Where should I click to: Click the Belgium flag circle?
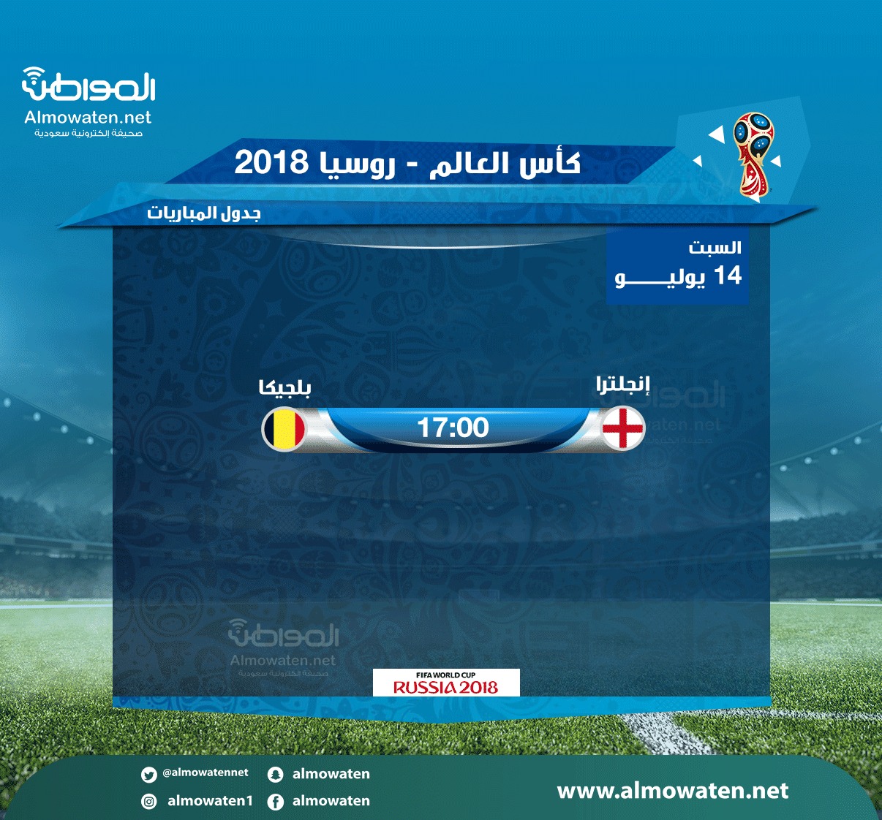(x=284, y=429)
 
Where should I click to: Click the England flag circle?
(x=622, y=428)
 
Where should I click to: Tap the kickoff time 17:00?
(x=453, y=428)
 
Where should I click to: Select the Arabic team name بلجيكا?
(x=285, y=387)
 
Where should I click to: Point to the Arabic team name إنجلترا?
(x=622, y=384)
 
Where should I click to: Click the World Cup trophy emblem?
(x=754, y=154)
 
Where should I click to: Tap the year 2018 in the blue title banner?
(x=271, y=162)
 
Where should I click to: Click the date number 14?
(x=728, y=276)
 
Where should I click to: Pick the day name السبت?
(x=715, y=247)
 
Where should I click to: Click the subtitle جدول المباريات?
(x=204, y=213)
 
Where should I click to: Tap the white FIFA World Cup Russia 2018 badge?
(x=446, y=683)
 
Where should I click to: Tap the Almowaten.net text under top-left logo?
(x=88, y=118)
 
